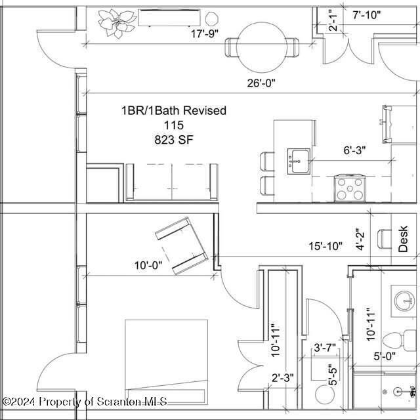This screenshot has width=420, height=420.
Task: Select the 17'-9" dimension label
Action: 204,32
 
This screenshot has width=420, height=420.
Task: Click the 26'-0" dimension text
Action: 261,83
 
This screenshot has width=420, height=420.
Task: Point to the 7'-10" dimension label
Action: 366,14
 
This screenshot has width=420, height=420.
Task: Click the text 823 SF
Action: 174,139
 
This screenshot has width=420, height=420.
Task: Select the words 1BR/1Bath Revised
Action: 173,111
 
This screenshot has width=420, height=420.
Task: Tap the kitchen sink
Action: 299,159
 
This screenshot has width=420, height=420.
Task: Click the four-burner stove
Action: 350,188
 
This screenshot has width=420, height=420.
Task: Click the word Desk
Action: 404,240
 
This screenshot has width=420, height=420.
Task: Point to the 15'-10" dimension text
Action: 326,246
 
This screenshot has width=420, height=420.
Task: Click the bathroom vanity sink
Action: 404,299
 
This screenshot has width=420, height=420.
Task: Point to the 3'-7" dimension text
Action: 325,348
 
